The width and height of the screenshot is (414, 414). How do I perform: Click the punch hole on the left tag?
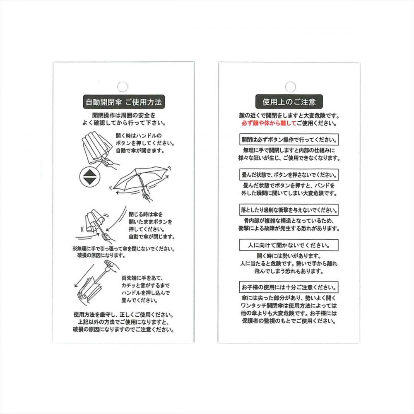coord(122,87)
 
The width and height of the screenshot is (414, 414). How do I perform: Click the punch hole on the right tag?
coord(290,87)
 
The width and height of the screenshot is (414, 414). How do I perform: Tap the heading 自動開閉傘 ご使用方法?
coord(124,102)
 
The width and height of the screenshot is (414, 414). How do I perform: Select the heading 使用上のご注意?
coord(289,102)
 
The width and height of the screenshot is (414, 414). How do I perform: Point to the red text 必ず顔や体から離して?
coord(269,123)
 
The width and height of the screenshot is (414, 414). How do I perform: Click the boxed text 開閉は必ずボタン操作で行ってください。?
coord(289,140)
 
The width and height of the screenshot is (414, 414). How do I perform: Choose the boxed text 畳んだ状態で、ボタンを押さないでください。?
coord(289,175)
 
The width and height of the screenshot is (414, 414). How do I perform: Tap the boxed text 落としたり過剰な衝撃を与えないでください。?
coord(289,210)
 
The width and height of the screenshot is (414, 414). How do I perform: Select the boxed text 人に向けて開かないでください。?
coord(289,245)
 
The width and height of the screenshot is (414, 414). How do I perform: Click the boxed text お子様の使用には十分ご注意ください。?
coord(289,287)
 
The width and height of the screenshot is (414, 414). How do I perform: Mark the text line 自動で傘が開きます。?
coord(140,151)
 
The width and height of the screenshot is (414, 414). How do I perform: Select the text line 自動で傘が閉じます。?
coord(152,237)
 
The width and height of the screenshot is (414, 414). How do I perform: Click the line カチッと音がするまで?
coord(145,285)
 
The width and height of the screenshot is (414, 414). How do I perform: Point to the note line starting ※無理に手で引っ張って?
coord(123,249)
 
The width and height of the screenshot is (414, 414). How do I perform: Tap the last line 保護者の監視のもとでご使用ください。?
coord(289,321)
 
